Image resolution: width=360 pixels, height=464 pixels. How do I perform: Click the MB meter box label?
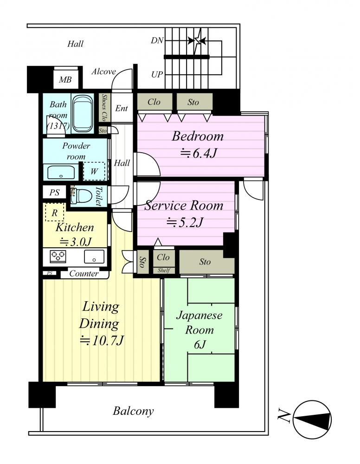65,80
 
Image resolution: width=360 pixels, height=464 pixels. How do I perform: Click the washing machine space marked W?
94,171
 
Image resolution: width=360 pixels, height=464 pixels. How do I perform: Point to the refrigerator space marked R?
54,213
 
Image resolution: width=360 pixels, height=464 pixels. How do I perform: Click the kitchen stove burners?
58,256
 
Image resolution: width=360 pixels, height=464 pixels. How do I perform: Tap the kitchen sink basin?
94,256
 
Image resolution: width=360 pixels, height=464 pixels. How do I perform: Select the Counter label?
84,273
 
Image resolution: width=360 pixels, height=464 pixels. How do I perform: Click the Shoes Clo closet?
104,108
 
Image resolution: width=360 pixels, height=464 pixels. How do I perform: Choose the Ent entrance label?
121,108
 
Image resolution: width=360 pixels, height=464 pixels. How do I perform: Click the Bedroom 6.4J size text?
199,153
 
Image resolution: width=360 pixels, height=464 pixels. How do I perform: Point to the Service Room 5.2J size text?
185,222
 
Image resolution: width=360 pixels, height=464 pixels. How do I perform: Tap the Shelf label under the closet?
164,270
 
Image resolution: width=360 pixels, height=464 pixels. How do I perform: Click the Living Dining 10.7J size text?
102,341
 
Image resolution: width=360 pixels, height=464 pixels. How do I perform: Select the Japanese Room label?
199,322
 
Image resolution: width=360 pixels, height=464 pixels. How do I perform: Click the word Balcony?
133,411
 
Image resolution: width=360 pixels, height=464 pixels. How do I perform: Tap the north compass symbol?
312,419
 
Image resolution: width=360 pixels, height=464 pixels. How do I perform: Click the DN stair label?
157,40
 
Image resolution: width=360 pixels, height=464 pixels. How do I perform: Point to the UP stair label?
157,75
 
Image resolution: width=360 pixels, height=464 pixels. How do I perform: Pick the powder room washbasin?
61,172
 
